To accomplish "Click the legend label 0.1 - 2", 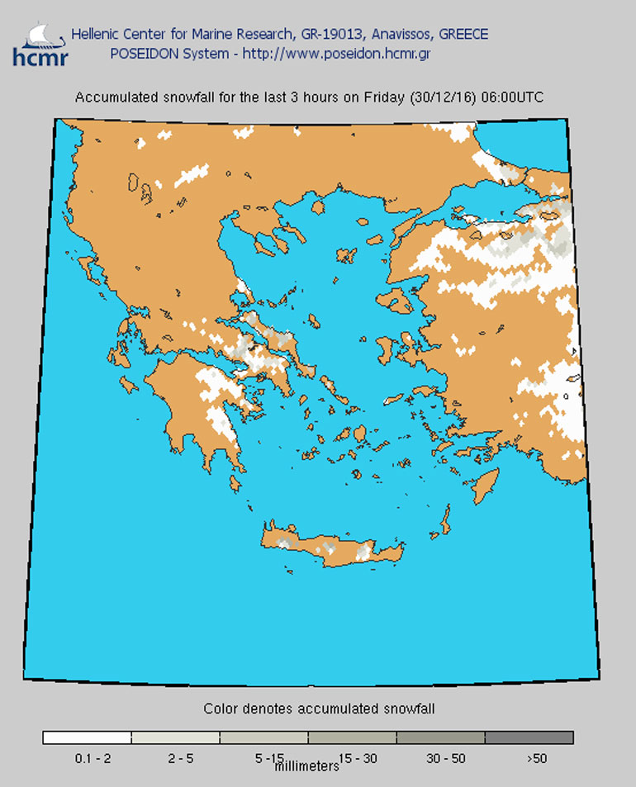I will [87, 758].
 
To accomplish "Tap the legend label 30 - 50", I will [440, 758].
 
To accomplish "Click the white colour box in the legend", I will [87, 737].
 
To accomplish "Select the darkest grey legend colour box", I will [529, 737].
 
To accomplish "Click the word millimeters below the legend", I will [306, 766].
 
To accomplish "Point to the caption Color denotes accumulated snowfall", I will [319, 709].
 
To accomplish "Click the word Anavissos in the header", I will [402, 35].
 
